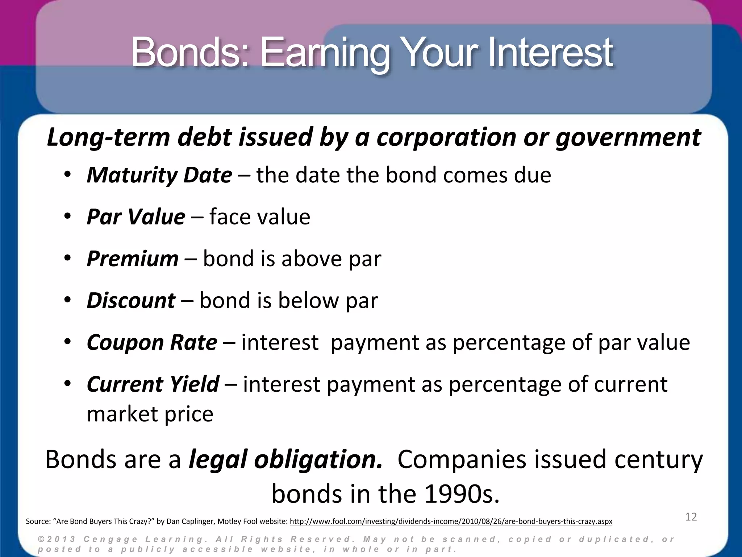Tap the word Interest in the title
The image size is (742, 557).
click(x=551, y=53)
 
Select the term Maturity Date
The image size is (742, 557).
click(x=159, y=175)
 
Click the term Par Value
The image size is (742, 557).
click(x=136, y=217)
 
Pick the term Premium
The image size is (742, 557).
click(x=133, y=259)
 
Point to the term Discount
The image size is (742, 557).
click(x=131, y=301)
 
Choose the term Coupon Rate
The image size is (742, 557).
click(x=152, y=342)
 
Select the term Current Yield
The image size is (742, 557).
click(x=153, y=384)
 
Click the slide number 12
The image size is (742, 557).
click(x=691, y=517)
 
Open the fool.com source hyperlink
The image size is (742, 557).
click(x=451, y=522)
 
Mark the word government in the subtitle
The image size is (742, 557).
click(x=628, y=137)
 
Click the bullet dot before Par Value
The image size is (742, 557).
click(x=67, y=217)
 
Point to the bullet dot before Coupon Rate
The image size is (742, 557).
click(x=67, y=342)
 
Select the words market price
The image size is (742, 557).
click(x=150, y=414)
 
